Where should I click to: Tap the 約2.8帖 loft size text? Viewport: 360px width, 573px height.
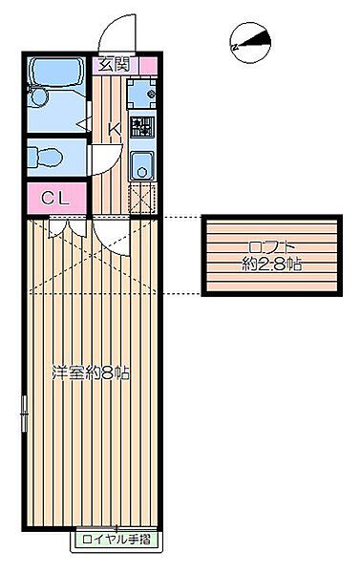pyautogui.click(x=271, y=265)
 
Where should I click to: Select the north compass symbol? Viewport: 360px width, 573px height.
pyautogui.click(x=250, y=42)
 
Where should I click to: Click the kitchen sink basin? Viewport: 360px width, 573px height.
pyautogui.click(x=142, y=163)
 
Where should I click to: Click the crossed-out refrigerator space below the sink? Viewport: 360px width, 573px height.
pyautogui.click(x=142, y=196)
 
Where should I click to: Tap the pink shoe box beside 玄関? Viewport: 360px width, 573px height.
pyautogui.click(x=146, y=65)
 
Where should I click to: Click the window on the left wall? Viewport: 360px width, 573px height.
pyautogui.click(x=23, y=411)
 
